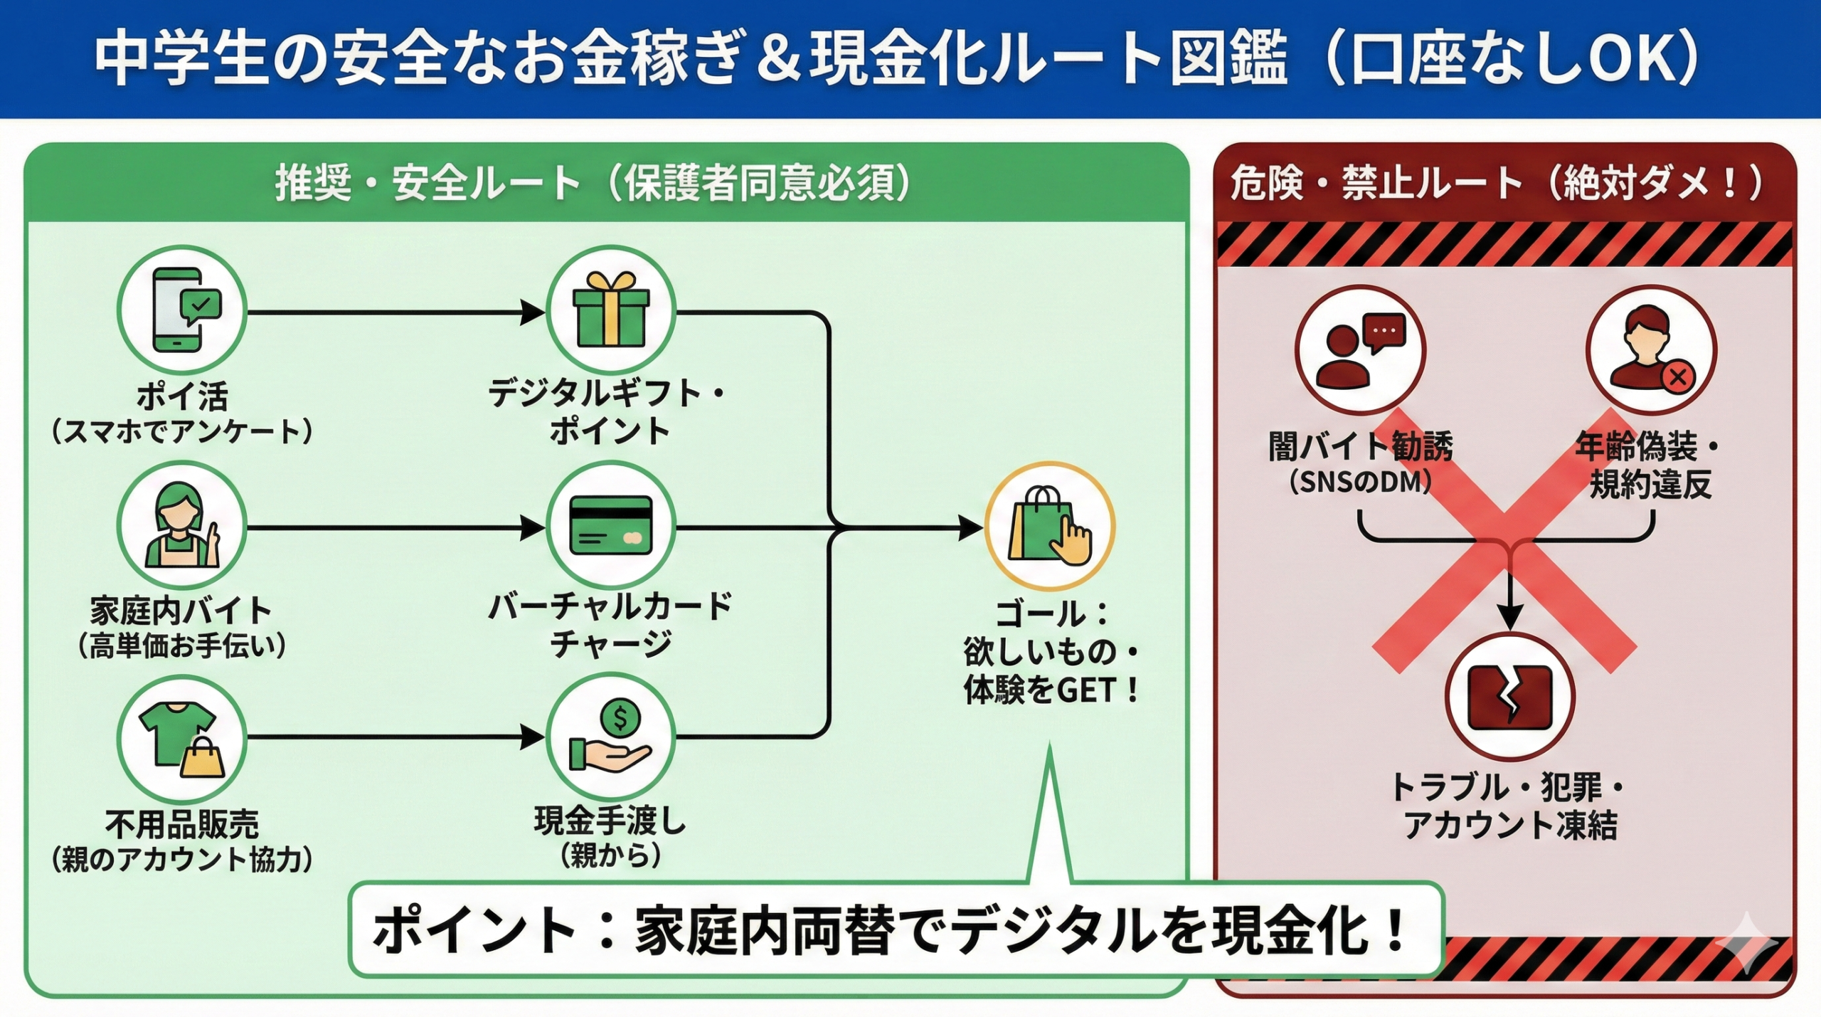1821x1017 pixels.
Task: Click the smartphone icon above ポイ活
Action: coord(182,310)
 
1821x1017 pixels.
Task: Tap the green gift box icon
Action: coord(610,310)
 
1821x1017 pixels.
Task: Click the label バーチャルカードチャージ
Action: coord(610,625)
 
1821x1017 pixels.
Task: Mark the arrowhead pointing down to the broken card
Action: coord(1509,616)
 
